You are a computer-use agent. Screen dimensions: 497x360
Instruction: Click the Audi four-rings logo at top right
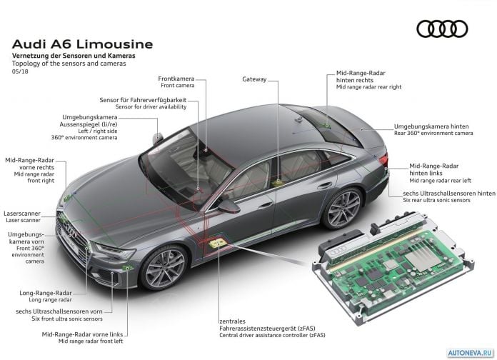click(x=442, y=29)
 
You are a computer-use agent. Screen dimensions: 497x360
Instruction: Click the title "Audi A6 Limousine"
click(x=82, y=44)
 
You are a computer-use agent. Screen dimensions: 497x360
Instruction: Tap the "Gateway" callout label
click(x=254, y=79)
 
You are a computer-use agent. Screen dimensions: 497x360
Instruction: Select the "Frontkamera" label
click(x=176, y=79)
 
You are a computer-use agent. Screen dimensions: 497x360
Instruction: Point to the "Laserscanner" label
click(x=22, y=214)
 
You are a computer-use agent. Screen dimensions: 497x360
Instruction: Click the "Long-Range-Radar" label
click(x=46, y=293)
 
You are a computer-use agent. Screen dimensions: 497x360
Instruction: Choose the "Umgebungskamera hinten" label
click(x=431, y=126)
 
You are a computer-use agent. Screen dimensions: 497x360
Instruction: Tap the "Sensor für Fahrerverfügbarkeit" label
click(x=143, y=100)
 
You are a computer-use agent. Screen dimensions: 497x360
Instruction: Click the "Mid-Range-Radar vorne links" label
click(x=82, y=334)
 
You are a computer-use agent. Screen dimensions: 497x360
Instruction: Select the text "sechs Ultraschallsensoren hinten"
click(x=449, y=193)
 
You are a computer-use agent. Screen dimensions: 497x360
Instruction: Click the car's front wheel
click(x=164, y=268)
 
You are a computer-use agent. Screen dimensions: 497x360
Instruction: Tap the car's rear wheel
click(x=343, y=208)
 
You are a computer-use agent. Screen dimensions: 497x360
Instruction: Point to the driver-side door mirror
click(x=229, y=206)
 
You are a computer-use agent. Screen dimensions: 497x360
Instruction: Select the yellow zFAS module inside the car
click(x=218, y=244)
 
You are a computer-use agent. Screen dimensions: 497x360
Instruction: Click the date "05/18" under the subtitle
click(x=20, y=71)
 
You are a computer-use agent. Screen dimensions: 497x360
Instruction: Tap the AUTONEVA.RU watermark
click(x=470, y=353)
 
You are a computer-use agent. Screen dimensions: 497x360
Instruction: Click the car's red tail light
click(x=383, y=159)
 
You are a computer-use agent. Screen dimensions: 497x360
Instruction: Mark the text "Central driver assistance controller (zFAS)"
click(x=272, y=335)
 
